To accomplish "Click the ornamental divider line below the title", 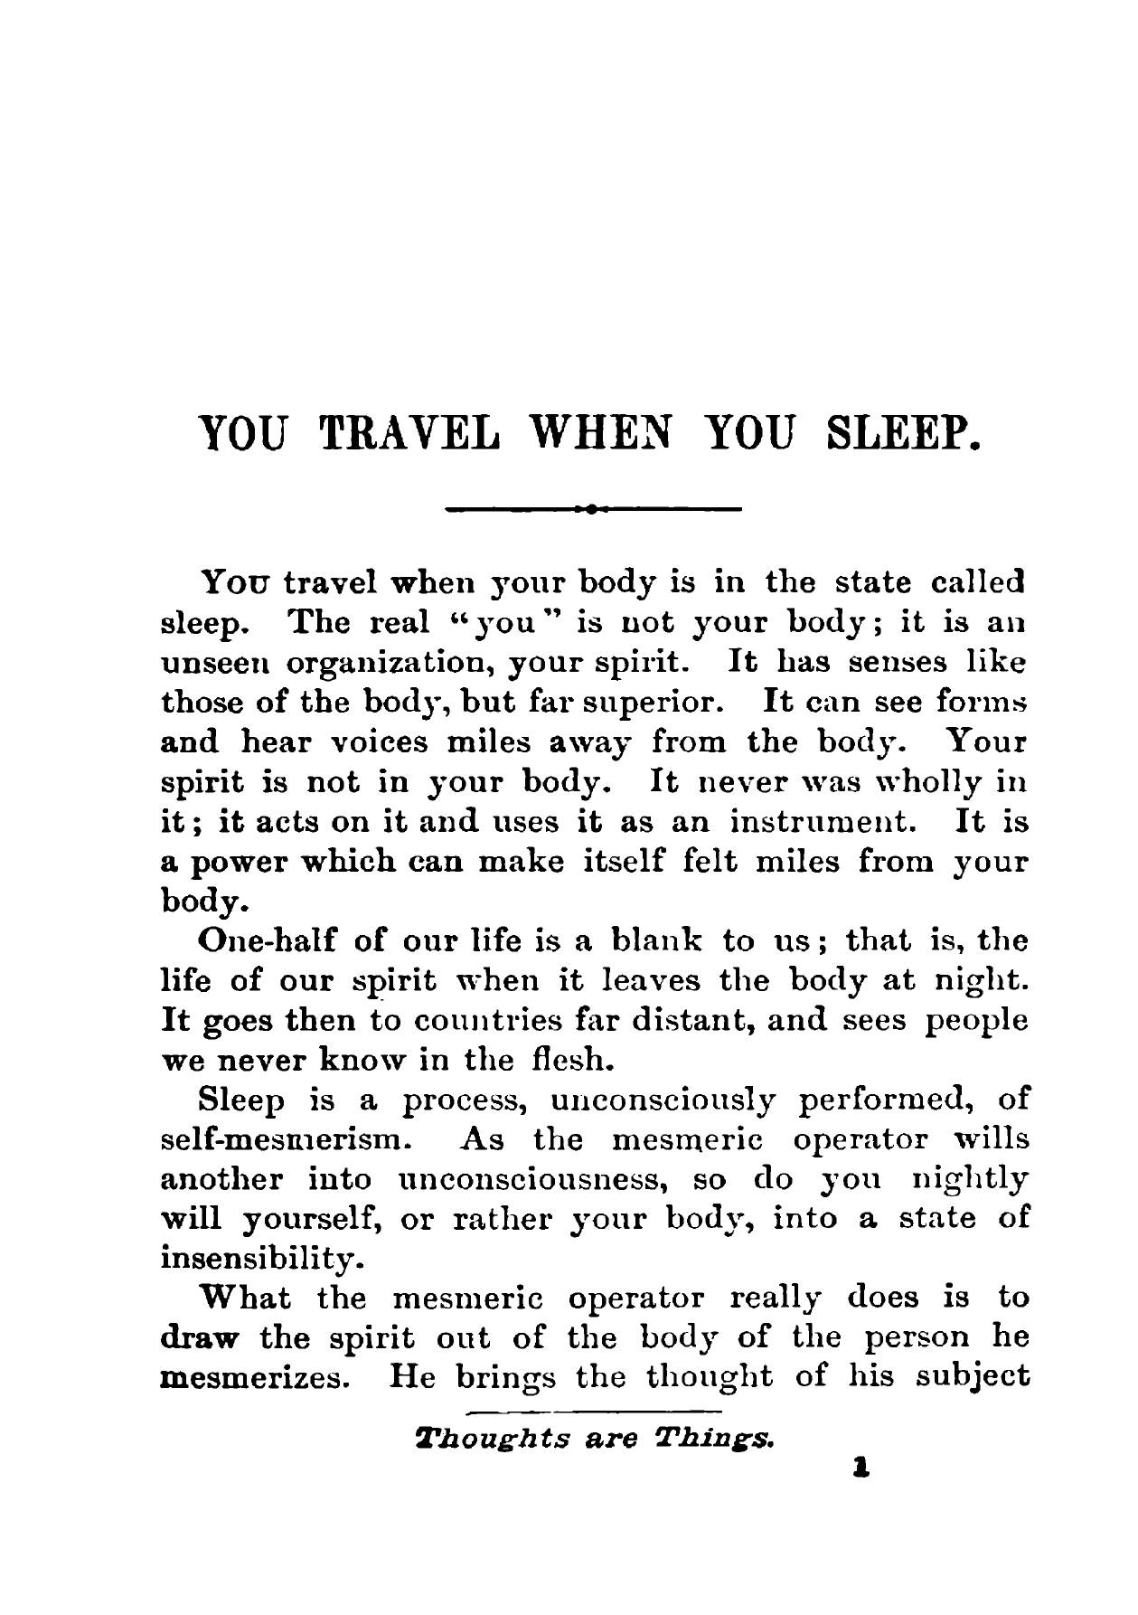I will click(593, 510).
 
